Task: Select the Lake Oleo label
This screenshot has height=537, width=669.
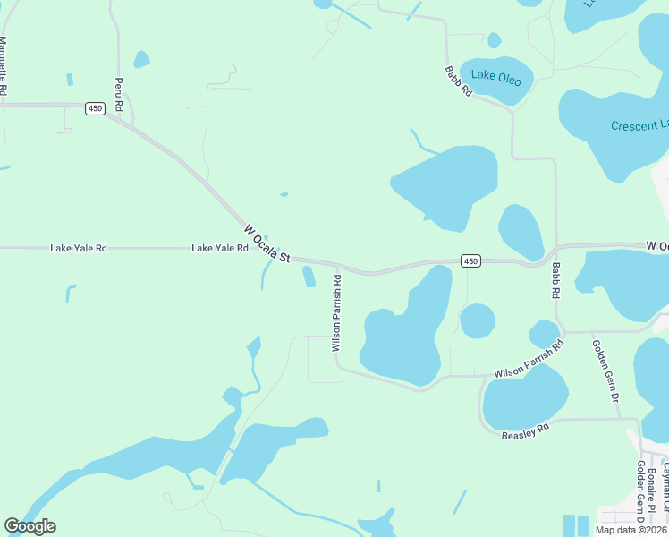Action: coord(495,78)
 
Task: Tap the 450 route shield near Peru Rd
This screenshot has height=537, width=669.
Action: coord(95,108)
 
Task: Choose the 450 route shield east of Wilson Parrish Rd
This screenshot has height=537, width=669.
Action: coord(471,260)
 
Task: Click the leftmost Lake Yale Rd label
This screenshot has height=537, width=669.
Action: coord(79,248)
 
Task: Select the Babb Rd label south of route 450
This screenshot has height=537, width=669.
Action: coord(555,280)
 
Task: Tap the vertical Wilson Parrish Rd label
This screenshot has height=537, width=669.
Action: coord(337,312)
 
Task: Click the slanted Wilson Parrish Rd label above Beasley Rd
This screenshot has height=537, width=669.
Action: coord(529,359)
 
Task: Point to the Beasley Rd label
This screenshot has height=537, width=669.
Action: coord(524,432)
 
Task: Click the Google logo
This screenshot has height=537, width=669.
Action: coord(30,526)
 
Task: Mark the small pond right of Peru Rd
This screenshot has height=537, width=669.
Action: coord(141,60)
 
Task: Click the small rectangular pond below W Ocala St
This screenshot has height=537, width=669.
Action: coord(309,277)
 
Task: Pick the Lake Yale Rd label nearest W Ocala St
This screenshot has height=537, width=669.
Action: coord(219,248)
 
